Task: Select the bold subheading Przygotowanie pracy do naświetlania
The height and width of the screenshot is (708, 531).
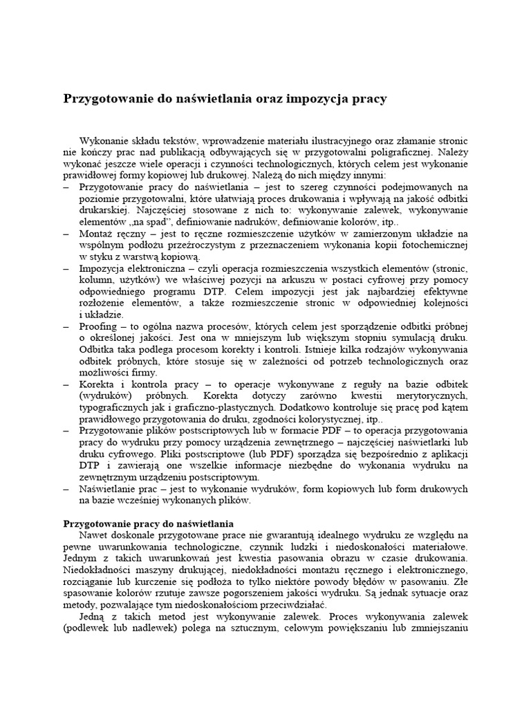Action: tap(148, 523)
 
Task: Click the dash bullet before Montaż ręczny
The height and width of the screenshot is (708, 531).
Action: tap(66, 234)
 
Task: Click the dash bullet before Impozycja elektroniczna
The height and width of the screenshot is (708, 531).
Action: tap(66, 268)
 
